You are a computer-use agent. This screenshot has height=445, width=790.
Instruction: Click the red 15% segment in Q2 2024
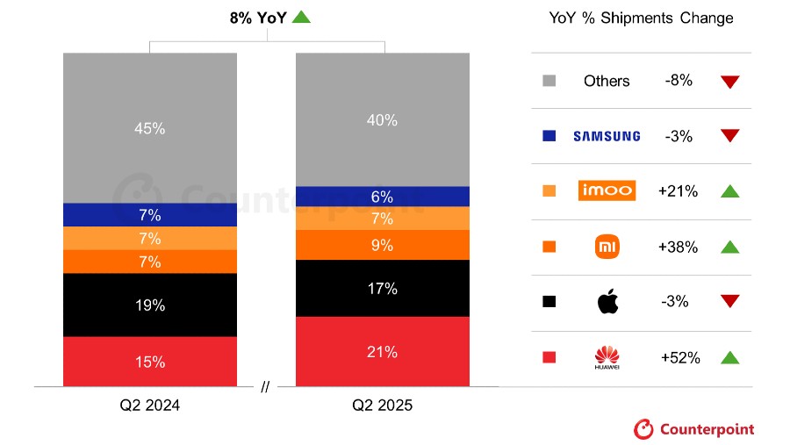pos(149,362)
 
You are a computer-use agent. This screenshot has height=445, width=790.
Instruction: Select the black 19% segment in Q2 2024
pos(149,305)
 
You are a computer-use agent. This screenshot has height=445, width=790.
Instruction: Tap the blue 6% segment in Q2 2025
pos(382,197)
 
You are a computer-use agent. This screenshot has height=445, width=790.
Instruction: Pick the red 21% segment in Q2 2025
pos(382,351)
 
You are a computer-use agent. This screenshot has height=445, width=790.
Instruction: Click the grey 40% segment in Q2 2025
pos(382,119)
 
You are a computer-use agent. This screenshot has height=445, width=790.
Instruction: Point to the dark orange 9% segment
pos(382,246)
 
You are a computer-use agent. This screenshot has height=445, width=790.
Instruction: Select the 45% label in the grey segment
pos(149,128)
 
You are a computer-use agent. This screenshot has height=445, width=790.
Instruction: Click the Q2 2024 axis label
pos(149,406)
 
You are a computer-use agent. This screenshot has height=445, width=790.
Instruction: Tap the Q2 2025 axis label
pos(382,406)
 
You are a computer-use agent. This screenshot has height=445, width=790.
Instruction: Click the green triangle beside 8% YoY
pos(301,16)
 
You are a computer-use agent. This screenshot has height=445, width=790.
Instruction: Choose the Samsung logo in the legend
pos(607,136)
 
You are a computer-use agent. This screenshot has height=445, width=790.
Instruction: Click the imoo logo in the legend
pos(607,190)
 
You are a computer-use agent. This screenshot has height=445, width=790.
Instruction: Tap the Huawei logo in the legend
pos(607,357)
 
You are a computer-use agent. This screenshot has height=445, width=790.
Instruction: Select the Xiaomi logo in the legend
pos(607,247)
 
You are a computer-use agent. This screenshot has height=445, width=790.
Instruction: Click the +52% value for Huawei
pos(679,357)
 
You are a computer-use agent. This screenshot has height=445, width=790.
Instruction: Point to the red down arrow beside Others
pos(729,82)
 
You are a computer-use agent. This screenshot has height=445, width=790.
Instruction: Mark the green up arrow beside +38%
pos(729,247)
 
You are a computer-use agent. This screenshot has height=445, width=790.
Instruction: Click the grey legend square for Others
pos(549,81)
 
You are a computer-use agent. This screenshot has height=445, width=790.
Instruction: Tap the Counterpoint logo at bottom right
pos(693,429)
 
